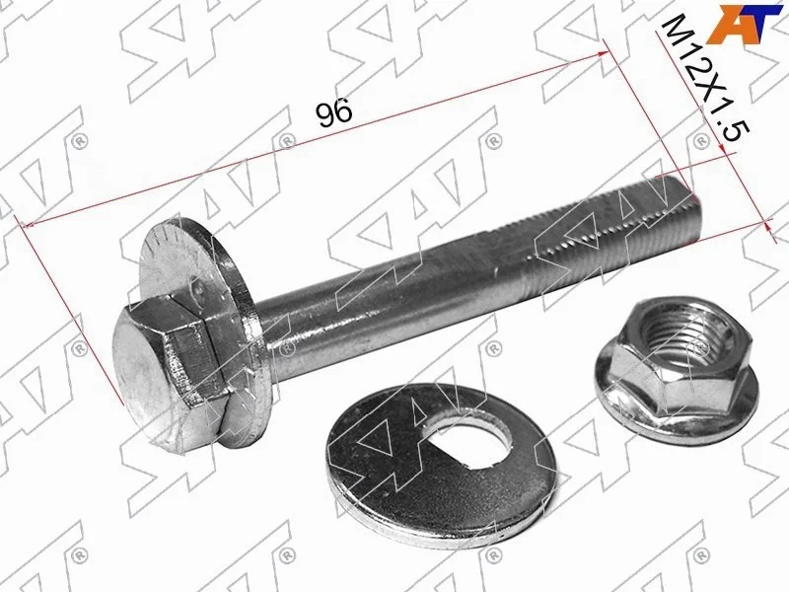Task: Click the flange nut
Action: tap(676, 372)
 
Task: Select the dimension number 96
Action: tap(334, 113)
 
